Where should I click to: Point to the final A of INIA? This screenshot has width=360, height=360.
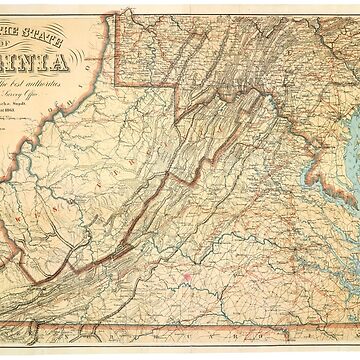pos(63,71)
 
